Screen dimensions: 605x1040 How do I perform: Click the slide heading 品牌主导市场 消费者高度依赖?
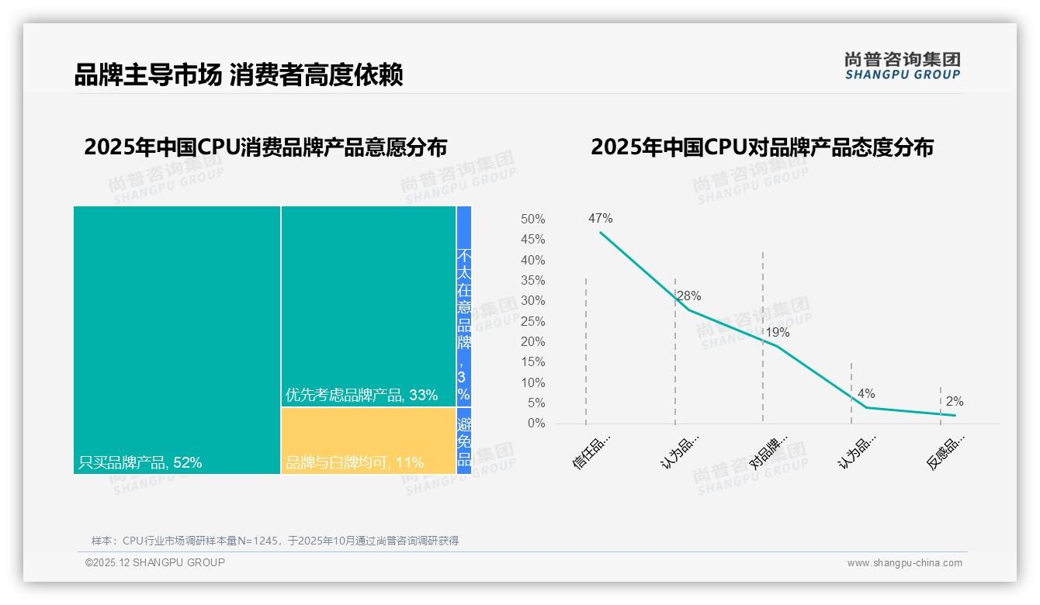click(238, 75)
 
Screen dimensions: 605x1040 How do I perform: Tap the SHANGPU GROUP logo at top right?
click(902, 66)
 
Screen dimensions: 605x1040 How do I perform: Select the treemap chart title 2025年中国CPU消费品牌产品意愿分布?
click(265, 147)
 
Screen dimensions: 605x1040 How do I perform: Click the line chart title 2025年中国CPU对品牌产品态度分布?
click(761, 147)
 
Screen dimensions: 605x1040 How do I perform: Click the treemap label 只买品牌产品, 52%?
click(140, 463)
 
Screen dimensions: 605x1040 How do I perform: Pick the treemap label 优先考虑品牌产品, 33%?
click(362, 395)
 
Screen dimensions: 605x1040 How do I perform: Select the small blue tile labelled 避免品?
click(464, 441)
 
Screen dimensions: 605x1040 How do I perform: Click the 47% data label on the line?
click(600, 219)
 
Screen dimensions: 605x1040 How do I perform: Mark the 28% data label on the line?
click(688, 296)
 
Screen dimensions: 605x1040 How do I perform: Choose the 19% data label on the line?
click(777, 333)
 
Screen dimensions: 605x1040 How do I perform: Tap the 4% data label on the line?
click(866, 394)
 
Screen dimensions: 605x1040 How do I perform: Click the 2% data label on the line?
click(954, 402)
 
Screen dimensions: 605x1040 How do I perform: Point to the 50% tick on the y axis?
click(532, 220)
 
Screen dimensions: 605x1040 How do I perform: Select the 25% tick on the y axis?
click(532, 321)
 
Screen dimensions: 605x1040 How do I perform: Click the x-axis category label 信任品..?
click(592, 452)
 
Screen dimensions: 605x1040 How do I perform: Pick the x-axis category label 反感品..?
click(946, 452)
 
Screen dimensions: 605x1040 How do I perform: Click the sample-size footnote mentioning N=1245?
click(275, 541)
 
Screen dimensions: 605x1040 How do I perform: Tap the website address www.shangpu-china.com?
click(904, 563)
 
